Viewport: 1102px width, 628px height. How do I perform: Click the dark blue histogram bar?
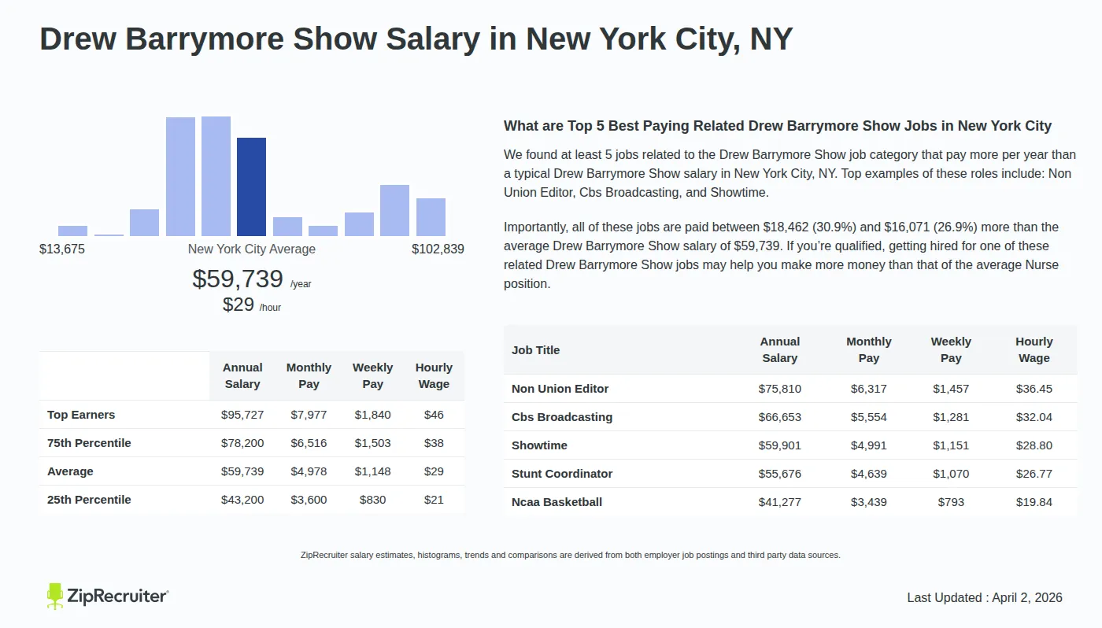coord(251,187)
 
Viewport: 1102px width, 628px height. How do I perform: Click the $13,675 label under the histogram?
coord(62,249)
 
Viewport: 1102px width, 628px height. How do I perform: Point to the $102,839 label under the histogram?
coord(438,249)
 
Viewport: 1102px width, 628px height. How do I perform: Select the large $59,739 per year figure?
coord(238,279)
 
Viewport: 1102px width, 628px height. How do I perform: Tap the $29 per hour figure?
coord(239,305)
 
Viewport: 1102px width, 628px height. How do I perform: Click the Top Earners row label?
coord(81,415)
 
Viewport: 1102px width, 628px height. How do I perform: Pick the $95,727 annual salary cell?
coord(242,415)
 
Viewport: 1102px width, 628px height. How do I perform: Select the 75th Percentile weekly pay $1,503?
coord(372,443)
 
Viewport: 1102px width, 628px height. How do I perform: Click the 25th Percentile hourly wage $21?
coord(434,500)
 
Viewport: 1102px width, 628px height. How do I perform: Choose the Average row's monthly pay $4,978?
coord(309,471)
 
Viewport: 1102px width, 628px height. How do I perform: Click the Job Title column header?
coord(536,350)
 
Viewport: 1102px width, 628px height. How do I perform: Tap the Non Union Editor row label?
coord(560,389)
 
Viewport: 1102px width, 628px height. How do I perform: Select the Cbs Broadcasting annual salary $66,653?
coord(779,417)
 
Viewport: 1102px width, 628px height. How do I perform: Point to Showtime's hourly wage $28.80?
coord(1034,445)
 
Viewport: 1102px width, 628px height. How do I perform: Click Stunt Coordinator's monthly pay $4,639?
coord(868,474)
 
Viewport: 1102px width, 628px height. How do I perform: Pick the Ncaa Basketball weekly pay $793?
coord(951,502)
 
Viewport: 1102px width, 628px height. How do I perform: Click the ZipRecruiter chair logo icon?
coord(54,596)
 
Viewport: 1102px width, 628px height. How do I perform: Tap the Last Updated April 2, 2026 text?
coord(984,597)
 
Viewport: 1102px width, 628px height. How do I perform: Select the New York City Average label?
coord(251,249)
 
